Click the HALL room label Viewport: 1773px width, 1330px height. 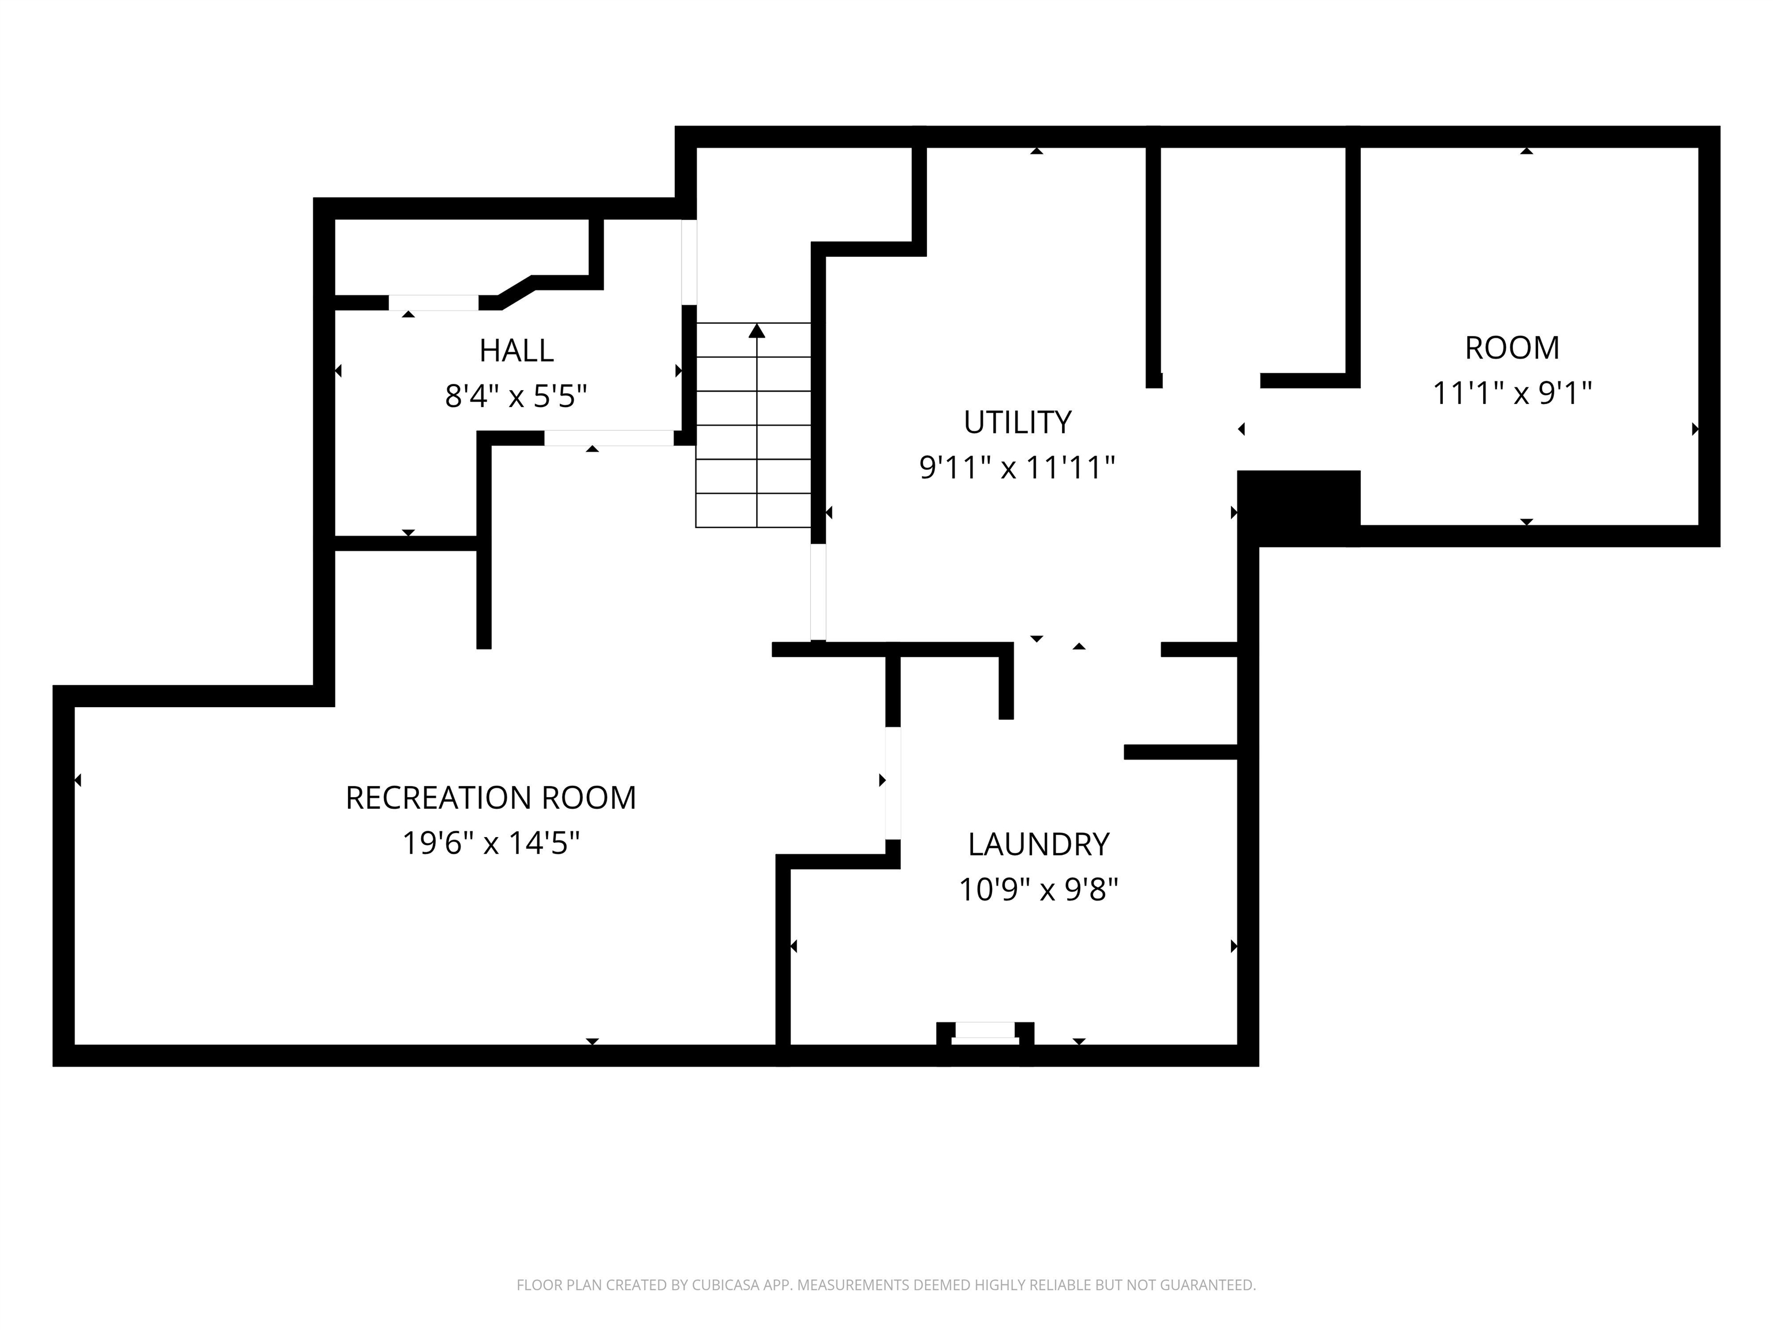pyautogui.click(x=516, y=350)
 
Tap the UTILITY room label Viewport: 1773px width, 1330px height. pyautogui.click(x=1017, y=422)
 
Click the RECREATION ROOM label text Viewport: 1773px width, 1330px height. pyautogui.click(x=491, y=798)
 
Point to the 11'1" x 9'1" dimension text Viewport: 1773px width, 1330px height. pyautogui.click(x=1512, y=393)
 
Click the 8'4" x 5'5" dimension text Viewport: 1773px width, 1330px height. pyautogui.click(x=516, y=396)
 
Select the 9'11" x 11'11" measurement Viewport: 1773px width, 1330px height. pyautogui.click(x=1017, y=468)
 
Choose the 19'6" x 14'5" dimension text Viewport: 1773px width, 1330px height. pyautogui.click(x=491, y=843)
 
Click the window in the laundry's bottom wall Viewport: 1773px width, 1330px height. pyautogui.click(x=985, y=1033)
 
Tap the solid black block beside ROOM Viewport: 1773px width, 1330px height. pyautogui.click(x=1299, y=508)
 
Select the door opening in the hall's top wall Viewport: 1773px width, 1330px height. pyautogui.click(x=433, y=302)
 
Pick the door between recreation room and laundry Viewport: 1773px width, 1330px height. pyautogui.click(x=893, y=782)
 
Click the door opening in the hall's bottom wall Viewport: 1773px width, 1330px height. pyautogui.click(x=609, y=438)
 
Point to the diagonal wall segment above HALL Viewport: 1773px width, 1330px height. pyautogui.click(x=515, y=292)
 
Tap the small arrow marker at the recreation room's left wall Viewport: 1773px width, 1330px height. pyautogui.click(x=78, y=780)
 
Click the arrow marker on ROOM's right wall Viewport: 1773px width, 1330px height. pyautogui.click(x=1695, y=429)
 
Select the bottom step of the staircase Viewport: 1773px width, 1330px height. pyautogui.click(x=753, y=511)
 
